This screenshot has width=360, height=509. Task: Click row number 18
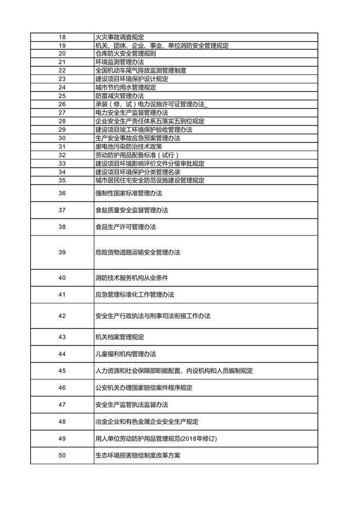[62, 37]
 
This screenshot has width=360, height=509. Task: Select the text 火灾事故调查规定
[119, 37]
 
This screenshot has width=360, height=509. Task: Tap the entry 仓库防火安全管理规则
[125, 53]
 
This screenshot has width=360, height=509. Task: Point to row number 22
[62, 70]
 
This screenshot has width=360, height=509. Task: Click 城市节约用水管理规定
[125, 87]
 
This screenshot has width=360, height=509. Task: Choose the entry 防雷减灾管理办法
[119, 96]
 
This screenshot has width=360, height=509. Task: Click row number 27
[62, 113]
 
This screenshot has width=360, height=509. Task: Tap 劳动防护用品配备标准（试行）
[137, 155]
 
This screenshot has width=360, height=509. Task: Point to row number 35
[62, 180]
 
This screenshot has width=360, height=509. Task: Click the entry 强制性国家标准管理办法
[129, 193]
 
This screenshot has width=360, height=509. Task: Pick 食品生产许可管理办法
[125, 227]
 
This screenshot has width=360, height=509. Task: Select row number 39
[62, 252]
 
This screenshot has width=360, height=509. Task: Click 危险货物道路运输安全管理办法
[138, 252]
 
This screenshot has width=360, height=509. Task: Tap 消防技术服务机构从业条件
[132, 278]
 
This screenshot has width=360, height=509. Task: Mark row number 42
[62, 316]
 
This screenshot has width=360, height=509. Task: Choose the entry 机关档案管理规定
[119, 337]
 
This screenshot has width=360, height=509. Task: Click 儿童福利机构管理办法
[125, 354]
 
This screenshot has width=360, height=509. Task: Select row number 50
[62, 456]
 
